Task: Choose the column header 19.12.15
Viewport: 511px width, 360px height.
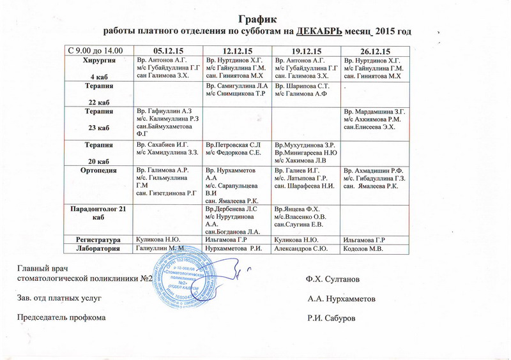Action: [306, 50]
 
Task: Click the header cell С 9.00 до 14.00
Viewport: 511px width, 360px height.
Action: [96, 50]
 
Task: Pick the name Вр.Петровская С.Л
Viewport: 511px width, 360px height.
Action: [233, 145]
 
